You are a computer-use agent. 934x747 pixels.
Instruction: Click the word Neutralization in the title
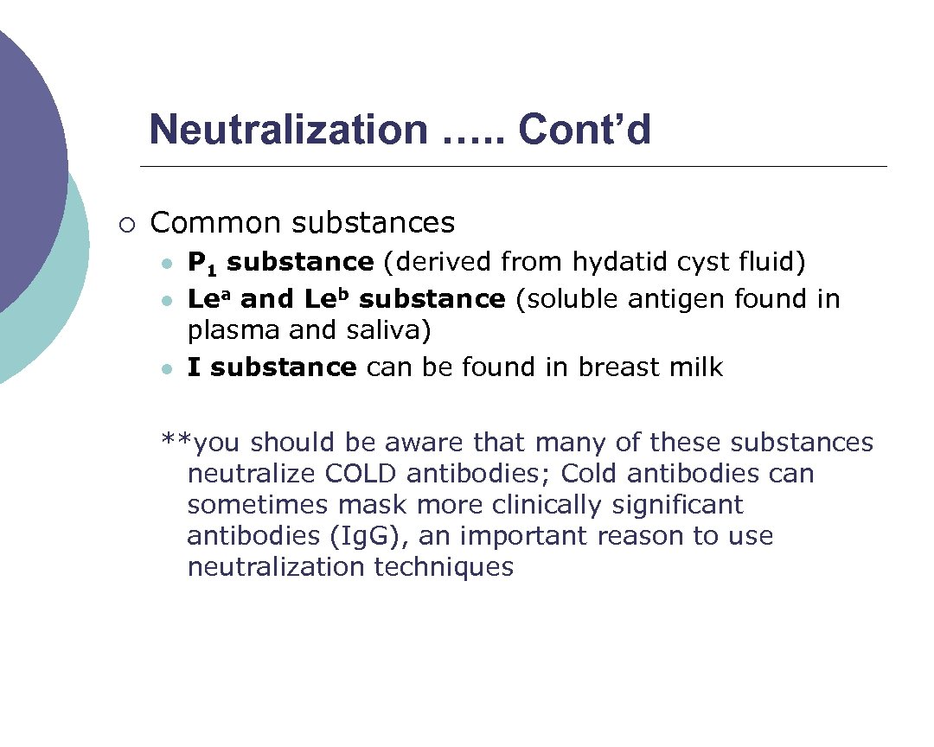point(288,130)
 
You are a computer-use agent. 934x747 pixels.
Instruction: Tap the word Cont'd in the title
point(585,130)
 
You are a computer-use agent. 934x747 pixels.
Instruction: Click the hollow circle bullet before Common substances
point(128,225)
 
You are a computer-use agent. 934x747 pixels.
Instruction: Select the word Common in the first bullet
point(216,223)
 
